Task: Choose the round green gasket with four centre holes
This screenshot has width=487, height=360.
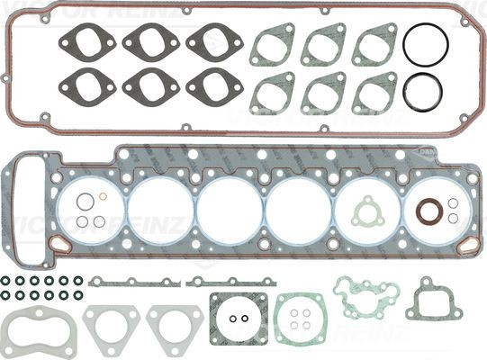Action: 299,320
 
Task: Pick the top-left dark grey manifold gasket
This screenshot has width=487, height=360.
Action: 82,40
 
